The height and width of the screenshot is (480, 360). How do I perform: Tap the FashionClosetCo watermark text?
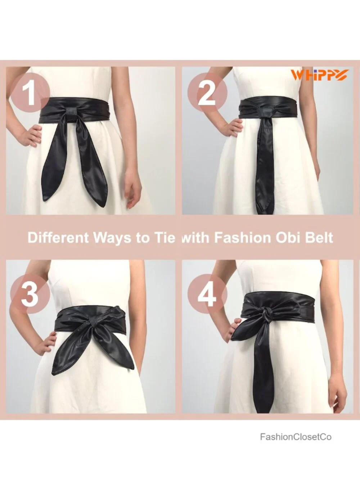click(296, 431)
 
